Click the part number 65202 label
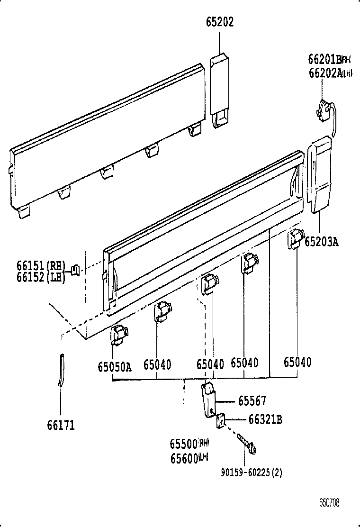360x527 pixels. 220,22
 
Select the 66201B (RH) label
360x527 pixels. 330,60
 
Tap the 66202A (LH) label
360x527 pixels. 330,73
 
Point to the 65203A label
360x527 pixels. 321,242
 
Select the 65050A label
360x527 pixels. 114,366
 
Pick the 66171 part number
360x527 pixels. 61,425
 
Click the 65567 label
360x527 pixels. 252,401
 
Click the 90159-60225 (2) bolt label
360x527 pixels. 251,472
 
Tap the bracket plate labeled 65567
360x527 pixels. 208,400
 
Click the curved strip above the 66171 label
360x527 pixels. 61,370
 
